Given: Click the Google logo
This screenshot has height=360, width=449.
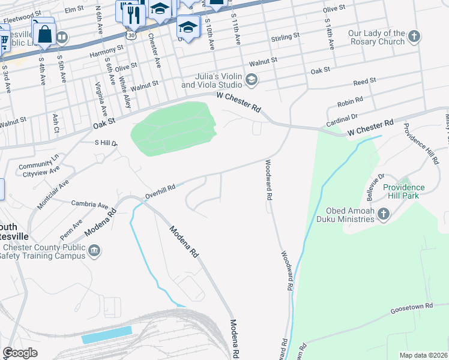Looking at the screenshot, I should (x=20, y=353).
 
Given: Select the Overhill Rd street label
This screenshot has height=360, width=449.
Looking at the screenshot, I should (x=160, y=191).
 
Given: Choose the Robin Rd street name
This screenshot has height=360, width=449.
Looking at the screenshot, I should (x=351, y=101).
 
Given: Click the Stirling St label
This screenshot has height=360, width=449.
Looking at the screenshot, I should (x=286, y=37).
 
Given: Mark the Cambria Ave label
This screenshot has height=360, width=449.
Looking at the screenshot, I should (x=89, y=205).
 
